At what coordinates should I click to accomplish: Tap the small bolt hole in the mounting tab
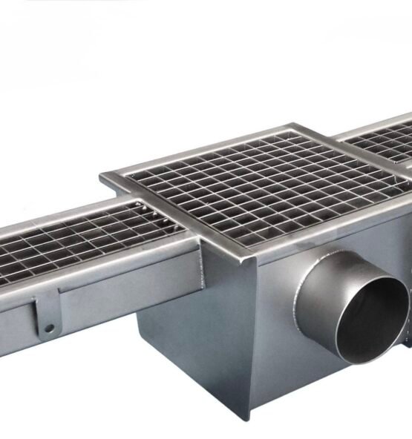point(49,327)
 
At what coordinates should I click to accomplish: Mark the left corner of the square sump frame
point(102,178)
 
